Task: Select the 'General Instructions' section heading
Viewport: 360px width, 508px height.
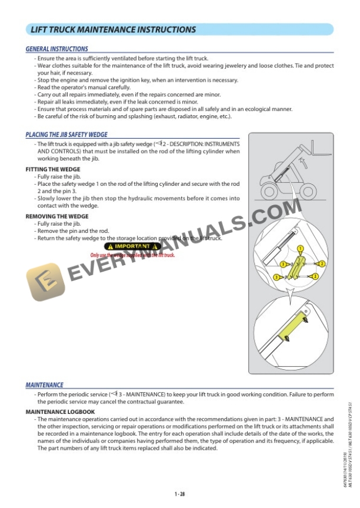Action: pos(57,49)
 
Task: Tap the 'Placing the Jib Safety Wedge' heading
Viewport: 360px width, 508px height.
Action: pos(66,135)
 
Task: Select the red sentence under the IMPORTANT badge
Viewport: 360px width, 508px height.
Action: pos(132,255)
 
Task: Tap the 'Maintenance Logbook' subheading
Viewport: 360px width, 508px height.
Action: pos(60,412)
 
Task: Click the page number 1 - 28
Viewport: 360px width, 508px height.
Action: pos(180,493)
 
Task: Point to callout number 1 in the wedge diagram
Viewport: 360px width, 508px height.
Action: pos(300,249)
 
